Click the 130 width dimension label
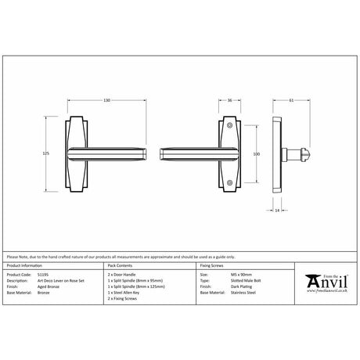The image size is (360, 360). [106, 101]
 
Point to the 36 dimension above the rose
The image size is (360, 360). [229, 101]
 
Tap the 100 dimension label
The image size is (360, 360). [255, 154]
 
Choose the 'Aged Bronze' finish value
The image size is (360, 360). [46, 287]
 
